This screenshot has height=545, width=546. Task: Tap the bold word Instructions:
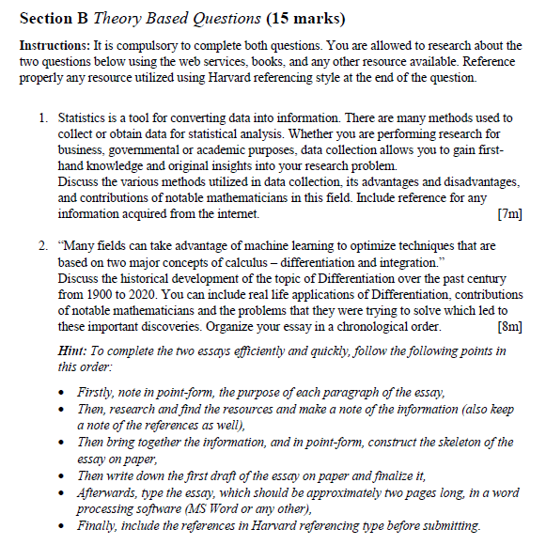(53, 46)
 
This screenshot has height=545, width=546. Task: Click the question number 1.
(42, 118)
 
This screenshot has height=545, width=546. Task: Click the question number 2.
(42, 245)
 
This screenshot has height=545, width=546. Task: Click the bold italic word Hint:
(73, 350)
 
